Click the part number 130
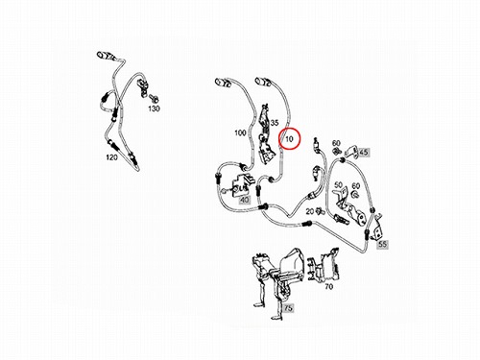154,108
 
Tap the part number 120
111,157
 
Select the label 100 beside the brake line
240,132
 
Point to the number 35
275,123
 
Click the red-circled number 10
289,139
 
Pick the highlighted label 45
364,152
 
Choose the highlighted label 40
245,200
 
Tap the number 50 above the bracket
338,185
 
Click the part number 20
310,211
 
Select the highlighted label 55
382,244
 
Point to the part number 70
329,287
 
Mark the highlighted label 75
288,308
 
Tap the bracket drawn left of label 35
265,133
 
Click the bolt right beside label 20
319,210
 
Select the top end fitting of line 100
223,82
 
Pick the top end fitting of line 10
263,82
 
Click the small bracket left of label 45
352,151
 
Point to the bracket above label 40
242,185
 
